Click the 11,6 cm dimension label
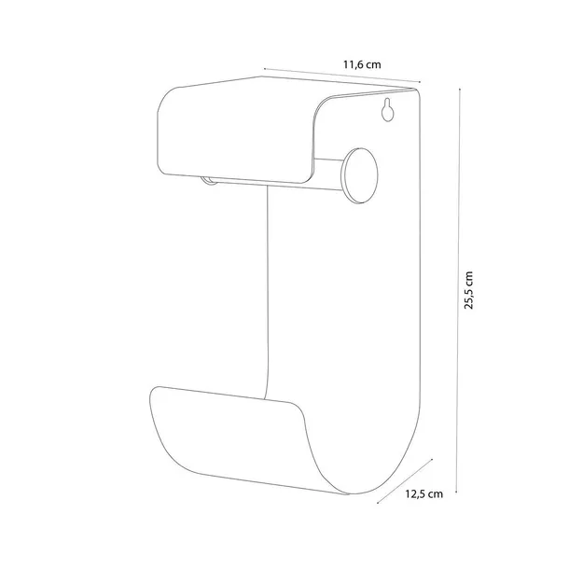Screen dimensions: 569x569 [362, 65]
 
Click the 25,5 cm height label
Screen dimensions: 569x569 [469, 290]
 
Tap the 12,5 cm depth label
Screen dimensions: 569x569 [423, 493]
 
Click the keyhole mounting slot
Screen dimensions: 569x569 [387, 109]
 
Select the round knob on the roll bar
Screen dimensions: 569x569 [360, 175]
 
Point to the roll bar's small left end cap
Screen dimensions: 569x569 [208, 180]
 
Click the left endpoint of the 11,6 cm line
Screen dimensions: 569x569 [265, 68]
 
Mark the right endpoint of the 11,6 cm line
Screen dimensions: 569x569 [420, 82]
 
